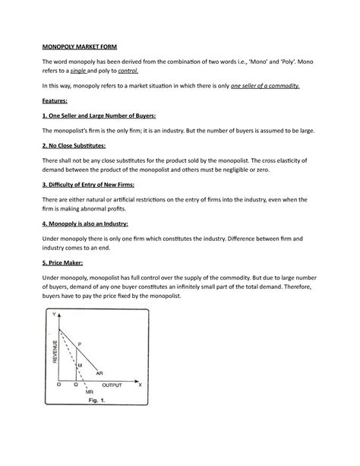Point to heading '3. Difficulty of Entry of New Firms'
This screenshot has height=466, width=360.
(x=94, y=184)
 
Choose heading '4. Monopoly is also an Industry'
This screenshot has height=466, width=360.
(x=85, y=224)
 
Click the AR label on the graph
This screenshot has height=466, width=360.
(x=99, y=373)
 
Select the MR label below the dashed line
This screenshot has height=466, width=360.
(x=90, y=393)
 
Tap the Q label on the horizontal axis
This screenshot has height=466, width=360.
(x=75, y=385)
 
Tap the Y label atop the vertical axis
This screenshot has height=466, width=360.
(x=55, y=316)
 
